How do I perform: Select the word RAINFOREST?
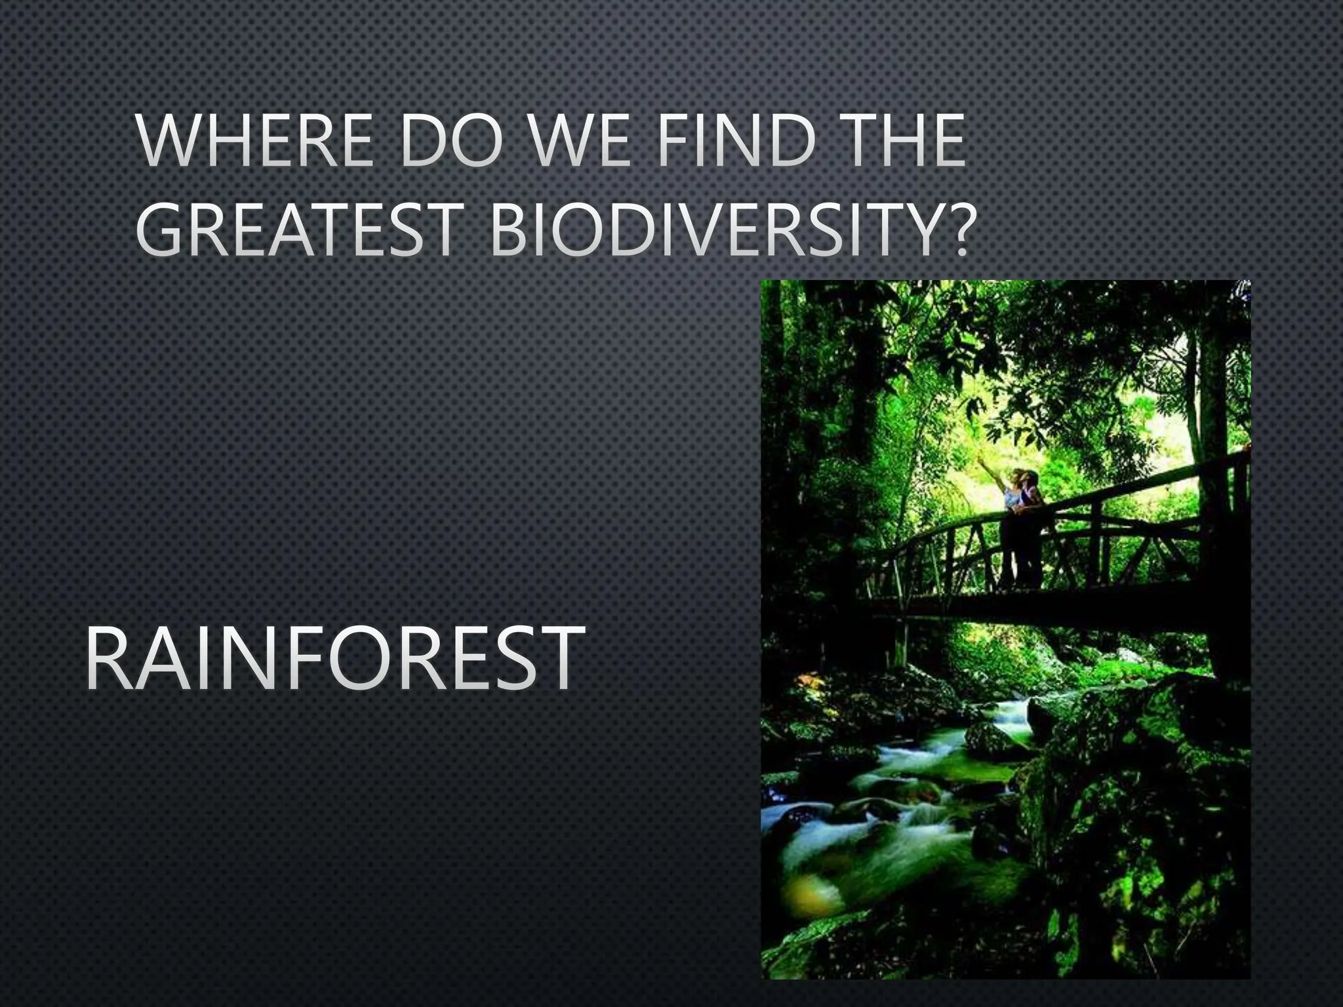tap(334, 660)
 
